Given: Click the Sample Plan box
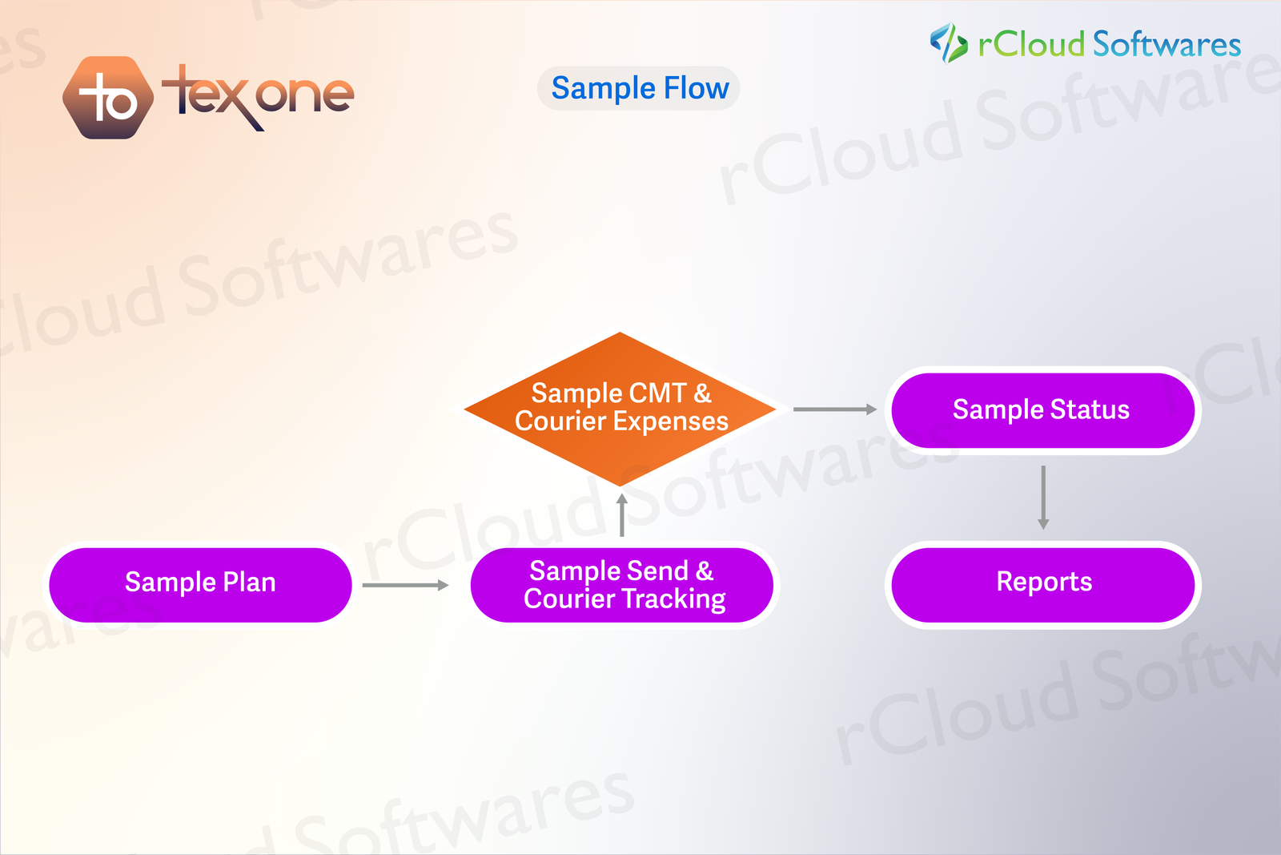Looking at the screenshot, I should [x=200, y=584].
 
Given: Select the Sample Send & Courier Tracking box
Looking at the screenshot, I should [x=622, y=585].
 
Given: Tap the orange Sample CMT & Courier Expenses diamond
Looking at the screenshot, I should [x=620, y=409].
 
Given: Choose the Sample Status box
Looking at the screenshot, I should [x=1042, y=410].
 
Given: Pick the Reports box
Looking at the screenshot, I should [x=1042, y=584].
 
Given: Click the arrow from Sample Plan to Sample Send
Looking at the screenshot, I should [x=405, y=585].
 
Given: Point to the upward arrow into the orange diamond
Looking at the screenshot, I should [x=622, y=515].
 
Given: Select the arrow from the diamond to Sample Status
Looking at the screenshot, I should [x=834, y=409].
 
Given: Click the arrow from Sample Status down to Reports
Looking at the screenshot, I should [x=1043, y=497].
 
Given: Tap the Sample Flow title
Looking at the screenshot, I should [x=639, y=88].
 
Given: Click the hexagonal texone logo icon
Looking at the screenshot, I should [x=108, y=98].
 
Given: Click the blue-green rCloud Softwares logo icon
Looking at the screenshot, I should [x=949, y=42].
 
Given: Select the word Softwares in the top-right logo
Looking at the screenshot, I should [x=1167, y=44].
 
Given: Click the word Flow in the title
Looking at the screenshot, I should [x=697, y=88].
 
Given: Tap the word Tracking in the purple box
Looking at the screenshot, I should [x=673, y=599].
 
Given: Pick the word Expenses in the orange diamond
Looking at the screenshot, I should [x=676, y=421].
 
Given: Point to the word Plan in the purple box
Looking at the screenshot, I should [x=249, y=582].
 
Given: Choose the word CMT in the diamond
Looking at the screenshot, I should [x=658, y=393].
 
